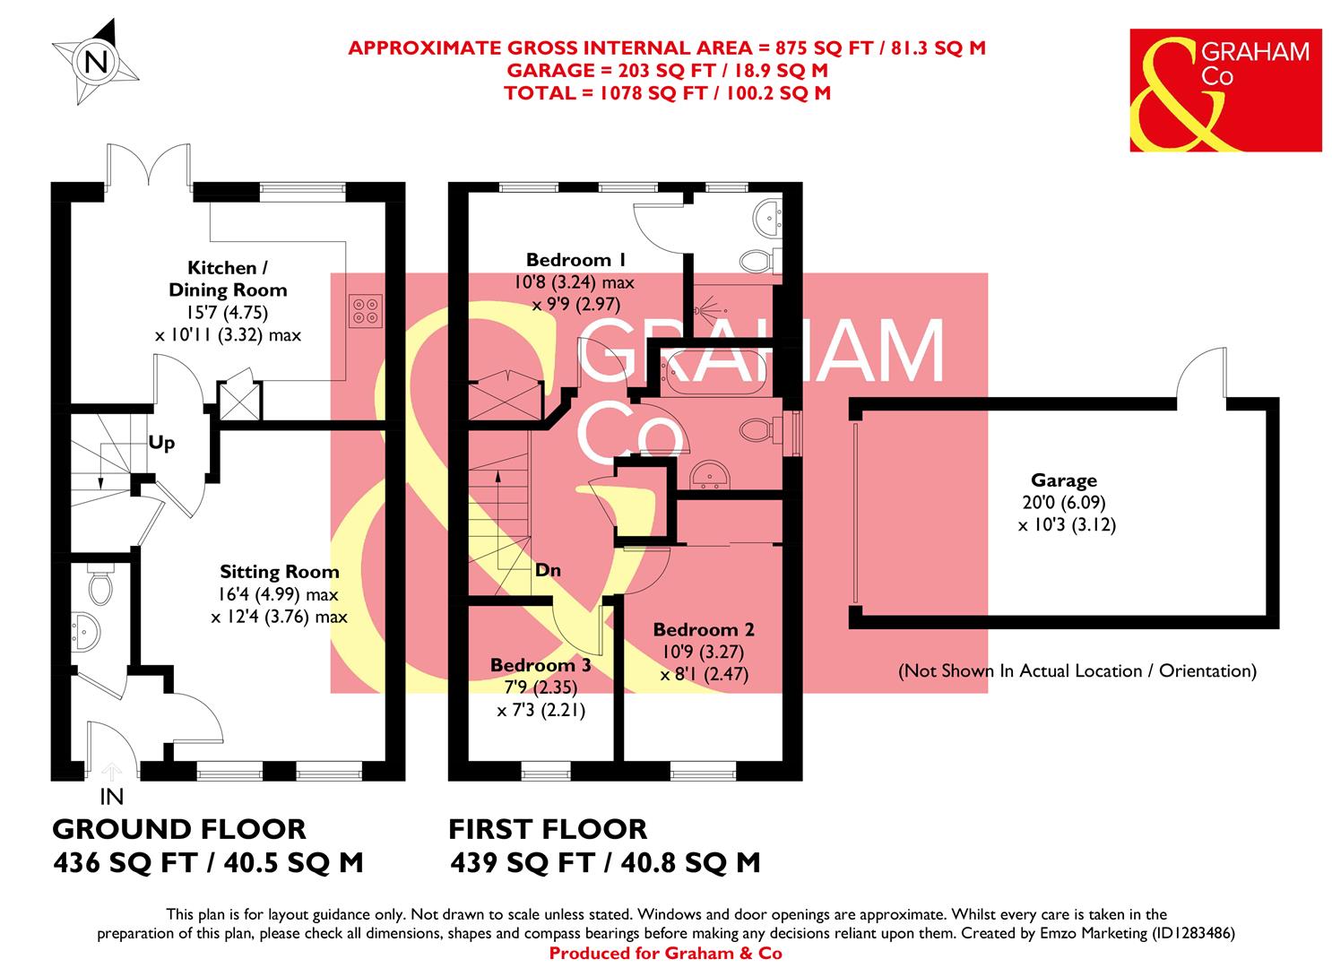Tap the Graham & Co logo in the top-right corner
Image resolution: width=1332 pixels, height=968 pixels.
point(1224,91)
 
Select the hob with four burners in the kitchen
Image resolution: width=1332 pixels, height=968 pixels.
point(365,309)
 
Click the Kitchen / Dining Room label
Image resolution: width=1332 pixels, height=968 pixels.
point(228,279)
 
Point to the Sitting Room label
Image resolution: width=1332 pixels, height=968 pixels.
point(280,572)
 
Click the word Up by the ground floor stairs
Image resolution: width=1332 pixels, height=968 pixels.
point(161,443)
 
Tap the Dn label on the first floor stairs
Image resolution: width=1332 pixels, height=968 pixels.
point(549,569)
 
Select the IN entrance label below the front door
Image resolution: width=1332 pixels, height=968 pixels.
point(112,796)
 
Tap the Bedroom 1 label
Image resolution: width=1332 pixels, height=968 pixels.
point(575,260)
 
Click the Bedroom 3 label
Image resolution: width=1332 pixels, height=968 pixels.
point(540,665)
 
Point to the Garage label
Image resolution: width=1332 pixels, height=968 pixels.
point(1064,480)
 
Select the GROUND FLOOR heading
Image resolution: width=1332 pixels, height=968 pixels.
point(179,828)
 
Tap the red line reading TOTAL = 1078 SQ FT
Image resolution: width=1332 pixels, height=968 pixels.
point(667,92)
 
